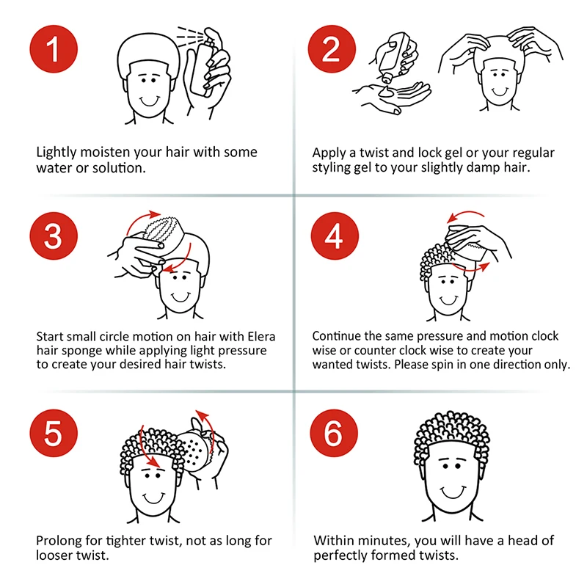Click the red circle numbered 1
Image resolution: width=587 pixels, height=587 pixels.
(54, 50)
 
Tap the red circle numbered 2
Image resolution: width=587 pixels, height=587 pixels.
(332, 50)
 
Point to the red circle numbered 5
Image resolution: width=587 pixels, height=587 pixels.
(54, 432)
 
